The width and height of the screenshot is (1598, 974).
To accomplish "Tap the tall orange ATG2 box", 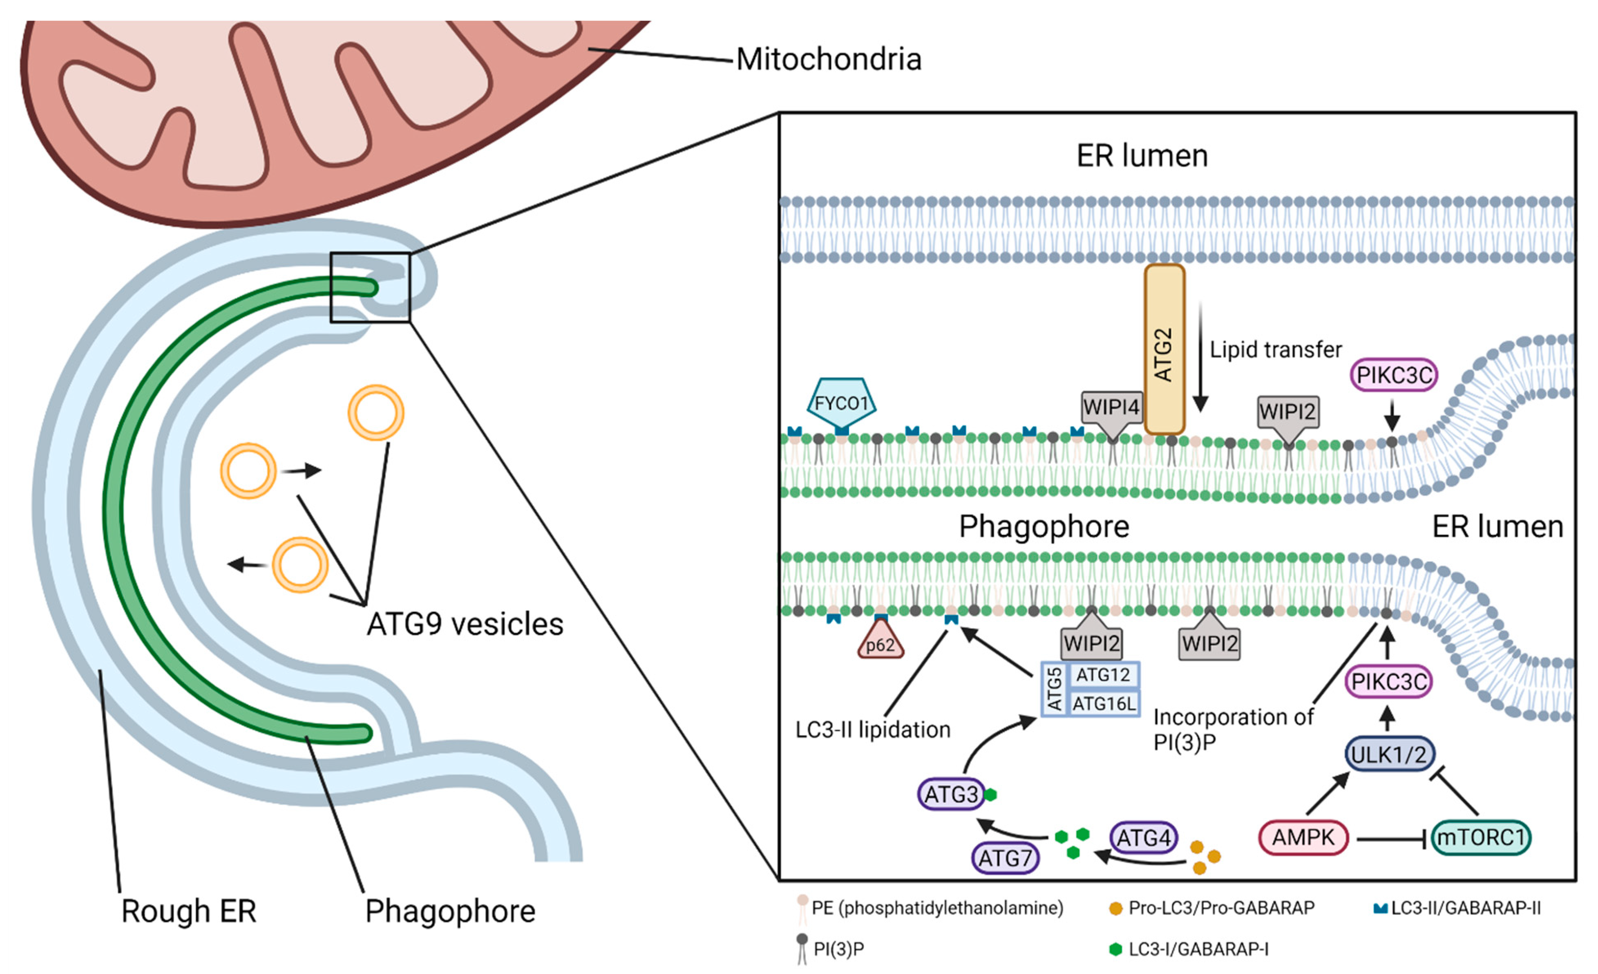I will tap(1164, 350).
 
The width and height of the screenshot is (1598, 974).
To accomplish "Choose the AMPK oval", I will tap(1303, 837).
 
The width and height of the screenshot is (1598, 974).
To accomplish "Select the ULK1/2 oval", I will tap(1388, 754).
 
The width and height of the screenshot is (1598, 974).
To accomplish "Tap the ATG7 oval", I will tap(1005, 858).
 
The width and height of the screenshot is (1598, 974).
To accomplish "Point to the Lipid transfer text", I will tap(1275, 350).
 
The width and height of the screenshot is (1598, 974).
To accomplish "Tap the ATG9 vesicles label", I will tap(464, 624).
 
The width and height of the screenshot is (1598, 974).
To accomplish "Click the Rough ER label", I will tap(189, 911).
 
